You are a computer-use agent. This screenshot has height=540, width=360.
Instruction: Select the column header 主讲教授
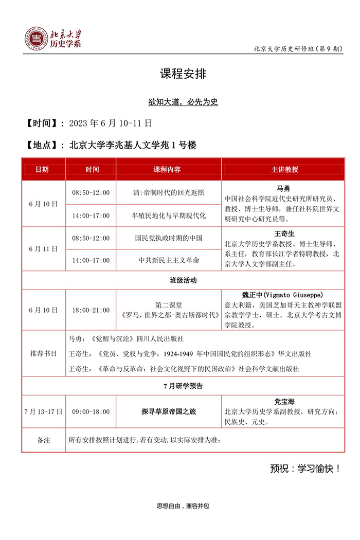(284, 169)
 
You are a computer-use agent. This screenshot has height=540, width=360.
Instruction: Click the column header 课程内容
(168, 169)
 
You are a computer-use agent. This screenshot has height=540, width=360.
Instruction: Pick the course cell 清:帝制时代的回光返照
(169, 193)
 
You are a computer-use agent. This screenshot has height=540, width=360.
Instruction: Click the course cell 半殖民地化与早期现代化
(169, 215)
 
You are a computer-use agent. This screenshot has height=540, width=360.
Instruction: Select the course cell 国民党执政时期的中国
(169, 238)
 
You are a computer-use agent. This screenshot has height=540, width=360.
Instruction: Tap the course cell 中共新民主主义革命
(169, 260)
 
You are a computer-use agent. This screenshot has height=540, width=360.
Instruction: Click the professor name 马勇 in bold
(284, 188)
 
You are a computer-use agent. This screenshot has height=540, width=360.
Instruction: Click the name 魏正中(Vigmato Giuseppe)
(282, 295)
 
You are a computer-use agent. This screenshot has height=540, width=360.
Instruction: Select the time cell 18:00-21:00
(91, 310)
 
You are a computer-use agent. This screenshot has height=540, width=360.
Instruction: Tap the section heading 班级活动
(183, 280)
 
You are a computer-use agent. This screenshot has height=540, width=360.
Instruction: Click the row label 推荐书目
(43, 354)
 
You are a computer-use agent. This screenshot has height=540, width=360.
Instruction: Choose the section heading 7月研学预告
(183, 385)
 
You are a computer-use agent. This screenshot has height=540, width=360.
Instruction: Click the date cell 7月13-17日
(43, 411)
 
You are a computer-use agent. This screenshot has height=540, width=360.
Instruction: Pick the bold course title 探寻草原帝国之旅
(169, 411)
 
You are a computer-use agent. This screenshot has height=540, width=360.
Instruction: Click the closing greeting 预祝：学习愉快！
(305, 469)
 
